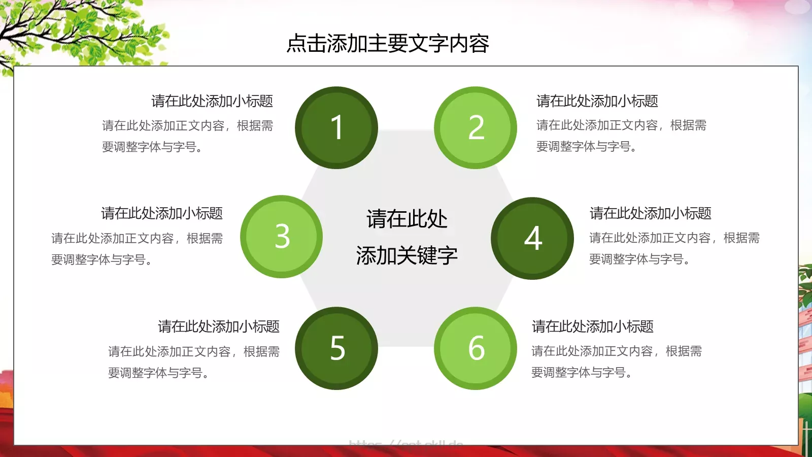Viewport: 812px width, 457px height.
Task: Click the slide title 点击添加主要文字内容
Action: pyautogui.click(x=388, y=44)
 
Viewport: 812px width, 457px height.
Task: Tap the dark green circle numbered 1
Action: pyautogui.click(x=336, y=127)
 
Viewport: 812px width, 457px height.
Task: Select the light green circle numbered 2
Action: pyautogui.click(x=476, y=127)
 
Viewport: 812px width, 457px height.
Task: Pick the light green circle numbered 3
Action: pyautogui.click(x=282, y=236)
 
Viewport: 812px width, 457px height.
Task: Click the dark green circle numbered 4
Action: pyautogui.click(x=532, y=238)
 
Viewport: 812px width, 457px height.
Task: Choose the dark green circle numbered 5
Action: pyautogui.click(x=336, y=348)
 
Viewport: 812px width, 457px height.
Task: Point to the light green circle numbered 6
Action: pyautogui.click(x=476, y=348)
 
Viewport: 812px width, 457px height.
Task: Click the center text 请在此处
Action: pyautogui.click(x=407, y=219)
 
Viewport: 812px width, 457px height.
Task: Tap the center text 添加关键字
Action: pyautogui.click(x=407, y=255)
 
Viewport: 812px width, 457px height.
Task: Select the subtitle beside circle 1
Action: pyautogui.click(x=212, y=101)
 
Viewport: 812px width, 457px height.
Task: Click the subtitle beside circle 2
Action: pyautogui.click(x=597, y=101)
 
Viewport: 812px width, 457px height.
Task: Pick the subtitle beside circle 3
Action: pyautogui.click(x=162, y=213)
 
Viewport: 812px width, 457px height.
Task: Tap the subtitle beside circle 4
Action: pyautogui.click(x=651, y=213)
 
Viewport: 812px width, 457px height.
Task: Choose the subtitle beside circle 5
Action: pyautogui.click(x=219, y=327)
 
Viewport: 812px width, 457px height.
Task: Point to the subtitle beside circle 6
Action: pyautogui.click(x=593, y=327)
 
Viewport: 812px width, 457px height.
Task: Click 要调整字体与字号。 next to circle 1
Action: pyautogui.click(x=152, y=147)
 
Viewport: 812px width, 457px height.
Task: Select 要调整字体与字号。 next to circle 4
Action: pyautogui.click(x=639, y=259)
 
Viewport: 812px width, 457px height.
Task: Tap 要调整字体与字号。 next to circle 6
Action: pyautogui.click(x=582, y=373)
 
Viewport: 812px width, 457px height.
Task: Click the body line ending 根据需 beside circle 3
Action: pyautogui.click(x=137, y=238)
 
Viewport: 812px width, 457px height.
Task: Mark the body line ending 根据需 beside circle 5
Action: pyautogui.click(x=194, y=351)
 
